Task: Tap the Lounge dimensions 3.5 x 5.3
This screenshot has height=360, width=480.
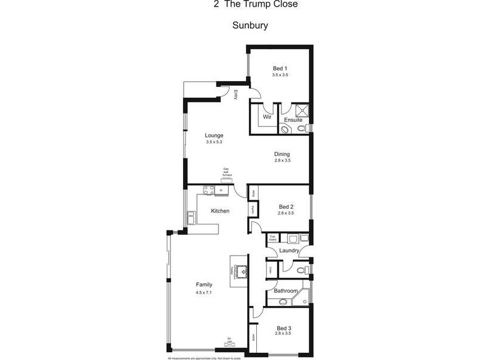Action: (x=214, y=142)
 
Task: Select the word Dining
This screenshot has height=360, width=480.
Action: (x=282, y=153)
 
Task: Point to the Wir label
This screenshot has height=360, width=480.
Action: (x=267, y=116)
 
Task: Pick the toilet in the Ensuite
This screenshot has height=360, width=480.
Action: (x=284, y=128)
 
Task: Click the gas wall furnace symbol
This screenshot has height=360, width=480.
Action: (x=227, y=176)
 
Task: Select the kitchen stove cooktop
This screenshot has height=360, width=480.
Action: (x=208, y=190)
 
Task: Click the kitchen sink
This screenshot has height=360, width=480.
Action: (x=191, y=217)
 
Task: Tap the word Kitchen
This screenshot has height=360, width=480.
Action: (x=220, y=211)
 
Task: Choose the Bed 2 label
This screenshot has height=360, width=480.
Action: (x=286, y=206)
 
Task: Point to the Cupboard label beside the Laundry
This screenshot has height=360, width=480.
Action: (x=272, y=238)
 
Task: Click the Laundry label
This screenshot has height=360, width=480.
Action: (x=288, y=250)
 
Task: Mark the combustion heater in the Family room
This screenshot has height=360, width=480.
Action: (x=241, y=271)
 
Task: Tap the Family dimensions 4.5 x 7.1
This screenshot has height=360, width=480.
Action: (x=205, y=292)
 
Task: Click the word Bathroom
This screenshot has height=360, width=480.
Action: (x=286, y=291)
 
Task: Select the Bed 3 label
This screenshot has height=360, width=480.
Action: (x=284, y=328)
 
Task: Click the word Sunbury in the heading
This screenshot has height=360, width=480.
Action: (x=249, y=26)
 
